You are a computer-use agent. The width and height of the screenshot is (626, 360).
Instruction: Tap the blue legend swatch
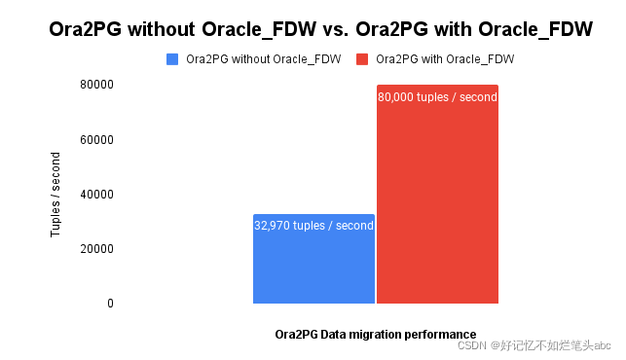pyautogui.click(x=173, y=59)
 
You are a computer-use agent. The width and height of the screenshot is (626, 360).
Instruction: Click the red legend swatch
pyautogui.click(x=363, y=59)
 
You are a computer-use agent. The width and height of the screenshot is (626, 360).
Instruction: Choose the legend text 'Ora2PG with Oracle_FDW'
pyautogui.click(x=444, y=59)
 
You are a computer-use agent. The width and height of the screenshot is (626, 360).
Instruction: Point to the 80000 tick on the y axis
pyautogui.click(x=97, y=86)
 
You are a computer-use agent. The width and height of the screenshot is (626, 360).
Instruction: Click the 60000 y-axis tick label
pyautogui.click(x=97, y=140)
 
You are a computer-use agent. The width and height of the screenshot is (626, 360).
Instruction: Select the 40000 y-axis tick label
pyautogui.click(x=97, y=195)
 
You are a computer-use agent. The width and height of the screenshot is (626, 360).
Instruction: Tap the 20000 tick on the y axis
pyautogui.click(x=97, y=249)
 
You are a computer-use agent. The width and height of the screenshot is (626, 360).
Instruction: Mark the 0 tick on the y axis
pyautogui.click(x=110, y=304)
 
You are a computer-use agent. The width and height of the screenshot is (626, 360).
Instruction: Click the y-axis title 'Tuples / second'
pyautogui.click(x=55, y=195)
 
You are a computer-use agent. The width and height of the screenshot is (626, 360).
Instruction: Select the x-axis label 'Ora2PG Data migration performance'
pyautogui.click(x=376, y=334)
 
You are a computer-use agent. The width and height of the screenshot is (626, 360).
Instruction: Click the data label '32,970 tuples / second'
pyautogui.click(x=313, y=226)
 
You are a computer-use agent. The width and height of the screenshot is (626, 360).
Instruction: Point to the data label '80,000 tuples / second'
pyautogui.click(x=437, y=97)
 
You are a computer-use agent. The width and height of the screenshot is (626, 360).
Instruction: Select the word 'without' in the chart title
pyautogui.click(x=161, y=30)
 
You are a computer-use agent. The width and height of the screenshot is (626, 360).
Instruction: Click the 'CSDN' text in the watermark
pyautogui.click(x=471, y=345)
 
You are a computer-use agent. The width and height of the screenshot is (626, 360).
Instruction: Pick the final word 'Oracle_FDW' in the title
pyautogui.click(x=536, y=30)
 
